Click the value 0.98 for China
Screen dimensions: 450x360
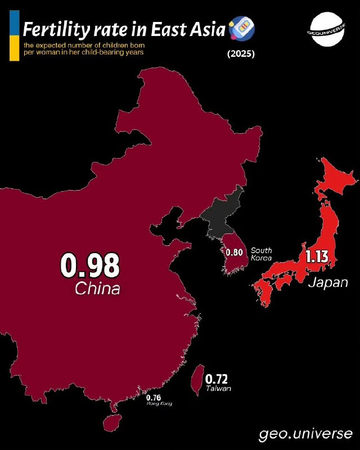(90, 265)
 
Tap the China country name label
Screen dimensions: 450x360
(97, 290)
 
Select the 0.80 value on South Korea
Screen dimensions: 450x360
(234, 253)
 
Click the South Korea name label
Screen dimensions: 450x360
(262, 254)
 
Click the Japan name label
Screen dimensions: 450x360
(327, 282)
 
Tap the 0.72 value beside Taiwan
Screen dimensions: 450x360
(217, 380)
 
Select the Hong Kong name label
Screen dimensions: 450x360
(159, 403)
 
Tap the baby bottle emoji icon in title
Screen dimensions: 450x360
(243, 26)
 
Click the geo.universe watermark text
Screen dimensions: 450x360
(306, 434)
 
